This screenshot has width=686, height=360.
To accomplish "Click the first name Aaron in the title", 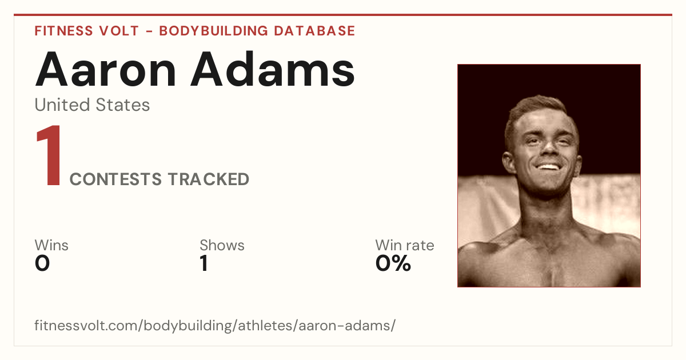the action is tap(106, 69).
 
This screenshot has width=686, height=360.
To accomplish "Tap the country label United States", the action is tap(92, 105).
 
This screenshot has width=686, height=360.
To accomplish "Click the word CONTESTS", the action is tap(115, 179).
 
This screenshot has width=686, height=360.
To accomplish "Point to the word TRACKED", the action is tap(209, 179).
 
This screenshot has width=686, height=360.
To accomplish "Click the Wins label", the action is tap(51, 245).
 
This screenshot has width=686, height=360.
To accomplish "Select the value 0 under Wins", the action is tap(42, 263).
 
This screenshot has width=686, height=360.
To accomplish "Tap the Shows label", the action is tap(222, 245).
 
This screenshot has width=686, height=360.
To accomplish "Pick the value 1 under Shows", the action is tap(204, 263).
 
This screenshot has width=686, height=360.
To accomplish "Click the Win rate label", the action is tap(405, 245).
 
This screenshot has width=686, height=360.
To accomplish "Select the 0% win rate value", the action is tap(393, 263).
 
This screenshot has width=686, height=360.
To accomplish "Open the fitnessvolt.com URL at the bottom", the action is tap(215, 325).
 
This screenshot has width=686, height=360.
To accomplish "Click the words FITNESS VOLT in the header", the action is tap(87, 31).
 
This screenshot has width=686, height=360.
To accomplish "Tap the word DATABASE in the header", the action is tap(314, 31).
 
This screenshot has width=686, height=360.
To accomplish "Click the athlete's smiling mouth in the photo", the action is tap(548, 167).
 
